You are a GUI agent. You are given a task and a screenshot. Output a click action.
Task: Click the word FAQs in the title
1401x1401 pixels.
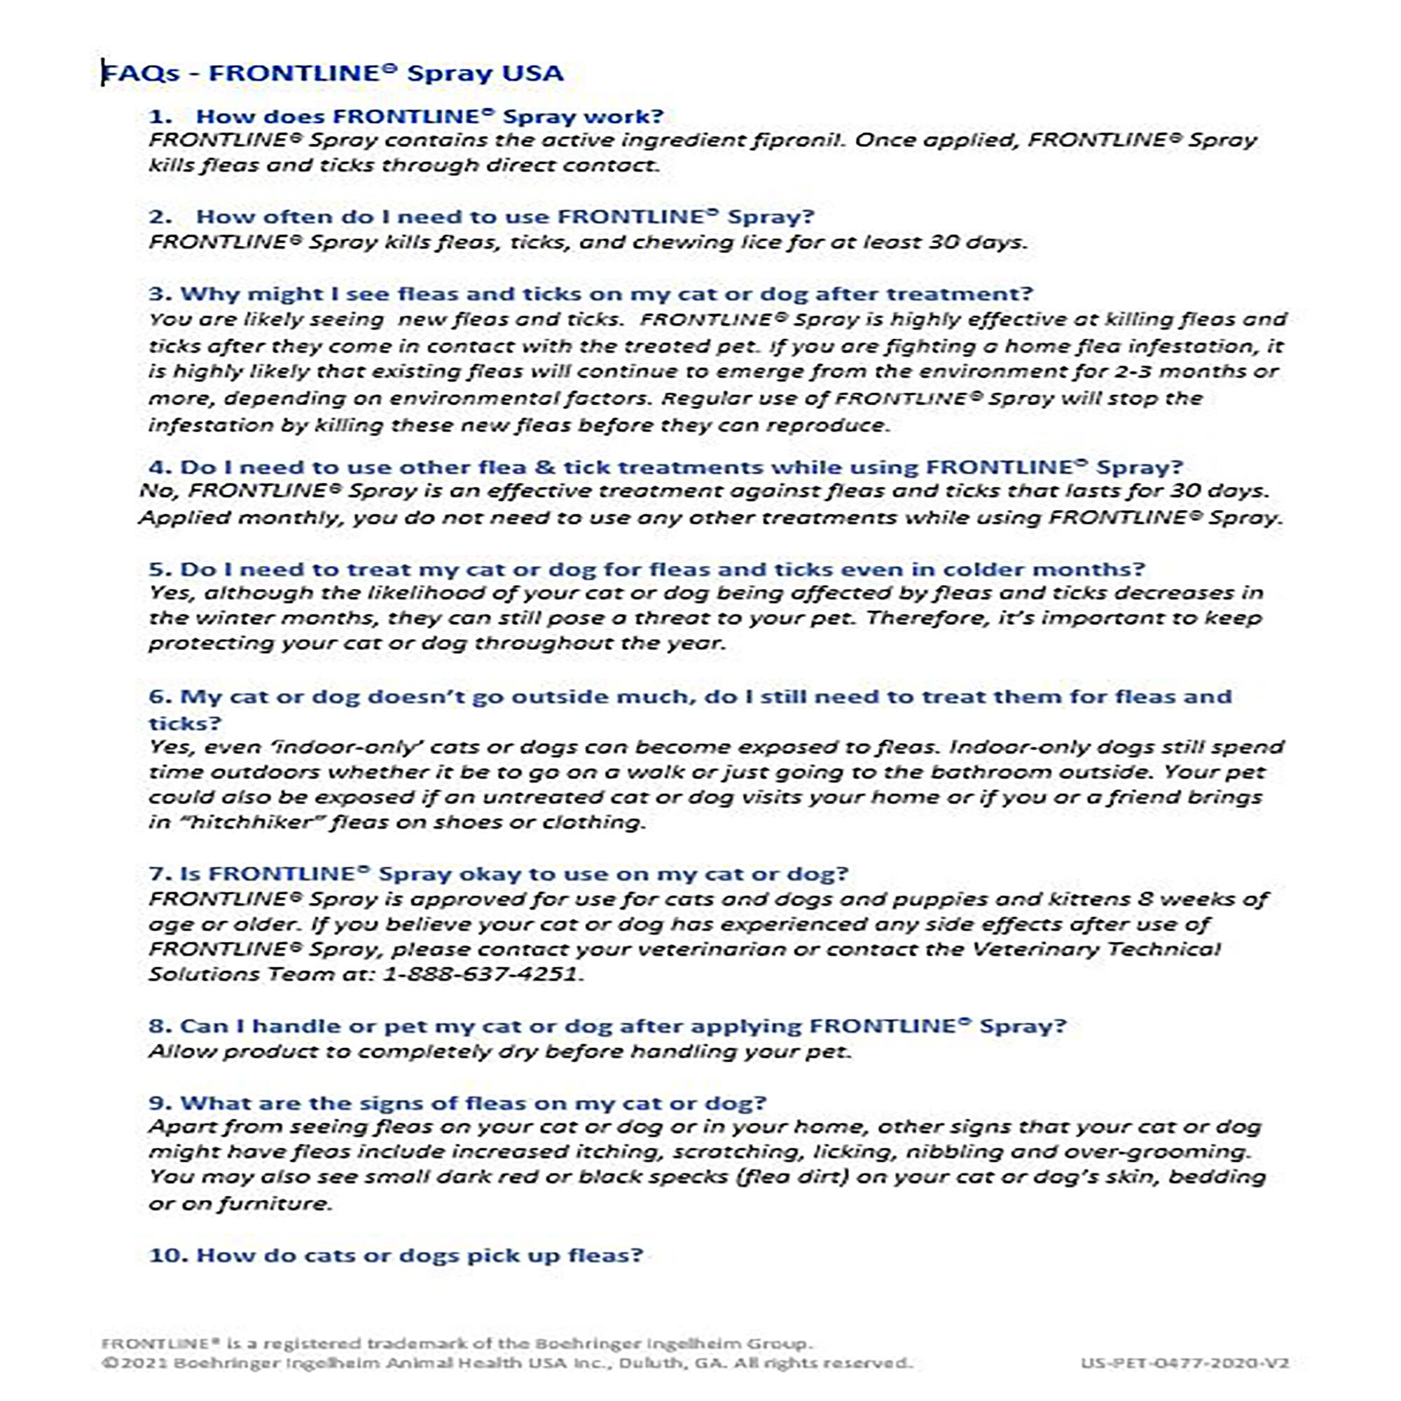pos(141,74)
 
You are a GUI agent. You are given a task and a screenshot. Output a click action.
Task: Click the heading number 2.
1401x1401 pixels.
pos(160,217)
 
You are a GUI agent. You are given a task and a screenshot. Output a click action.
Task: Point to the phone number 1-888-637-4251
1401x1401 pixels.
pos(481,974)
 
